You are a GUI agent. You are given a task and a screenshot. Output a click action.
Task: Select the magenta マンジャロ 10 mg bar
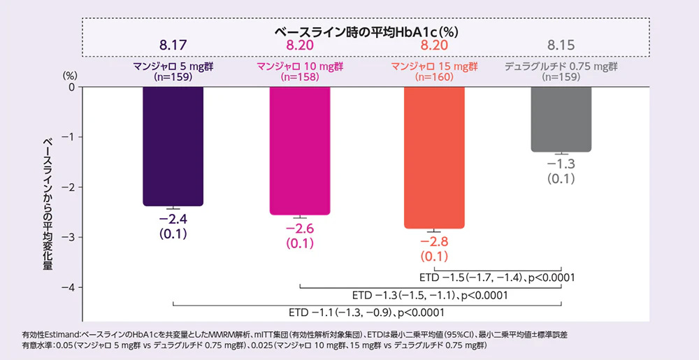[x=300, y=150]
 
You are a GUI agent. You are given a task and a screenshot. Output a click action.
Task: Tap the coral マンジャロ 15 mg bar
[x=434, y=157]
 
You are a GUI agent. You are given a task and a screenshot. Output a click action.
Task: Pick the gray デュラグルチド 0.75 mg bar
[x=561, y=119]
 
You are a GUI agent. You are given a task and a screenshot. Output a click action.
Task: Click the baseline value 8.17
[x=173, y=45]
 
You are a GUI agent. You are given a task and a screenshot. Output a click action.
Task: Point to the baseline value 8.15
[x=561, y=45]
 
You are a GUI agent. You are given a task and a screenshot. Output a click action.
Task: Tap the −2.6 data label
[x=300, y=229]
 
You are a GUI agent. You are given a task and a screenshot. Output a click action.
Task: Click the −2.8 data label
[x=434, y=243]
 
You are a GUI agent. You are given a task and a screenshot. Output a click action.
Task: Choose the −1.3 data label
[x=561, y=164]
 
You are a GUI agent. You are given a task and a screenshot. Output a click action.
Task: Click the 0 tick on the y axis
[x=71, y=87]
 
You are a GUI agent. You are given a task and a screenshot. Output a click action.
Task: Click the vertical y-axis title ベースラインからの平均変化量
[x=48, y=203]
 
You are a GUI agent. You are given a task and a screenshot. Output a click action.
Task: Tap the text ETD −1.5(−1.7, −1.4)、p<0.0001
[x=496, y=278]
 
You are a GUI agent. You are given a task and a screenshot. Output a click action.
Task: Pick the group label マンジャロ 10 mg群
[x=300, y=66]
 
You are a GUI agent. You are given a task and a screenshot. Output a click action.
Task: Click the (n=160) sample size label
[x=434, y=78]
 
